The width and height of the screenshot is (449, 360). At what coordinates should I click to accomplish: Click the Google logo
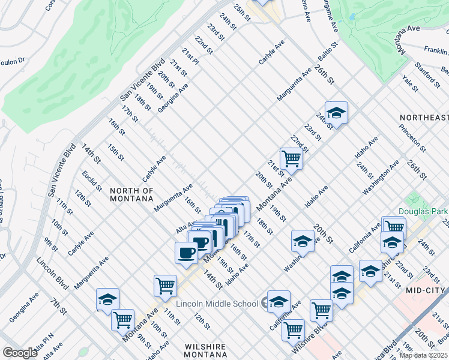(20, 353)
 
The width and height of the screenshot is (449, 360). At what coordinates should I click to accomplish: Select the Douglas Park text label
(423, 211)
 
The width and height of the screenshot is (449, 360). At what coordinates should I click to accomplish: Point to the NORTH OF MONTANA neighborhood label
(132, 194)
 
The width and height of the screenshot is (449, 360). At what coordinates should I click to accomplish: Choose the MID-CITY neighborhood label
(427, 289)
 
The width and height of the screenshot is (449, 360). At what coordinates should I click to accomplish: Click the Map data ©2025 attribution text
(423, 355)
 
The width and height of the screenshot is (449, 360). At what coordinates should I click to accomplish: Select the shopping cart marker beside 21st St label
(291, 159)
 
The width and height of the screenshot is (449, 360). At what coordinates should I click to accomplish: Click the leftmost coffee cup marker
(185, 252)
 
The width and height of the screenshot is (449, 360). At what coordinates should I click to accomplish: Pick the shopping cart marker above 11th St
(165, 286)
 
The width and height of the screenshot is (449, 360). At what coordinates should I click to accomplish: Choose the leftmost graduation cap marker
(108, 299)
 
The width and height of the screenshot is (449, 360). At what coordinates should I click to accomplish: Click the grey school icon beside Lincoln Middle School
(265, 304)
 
